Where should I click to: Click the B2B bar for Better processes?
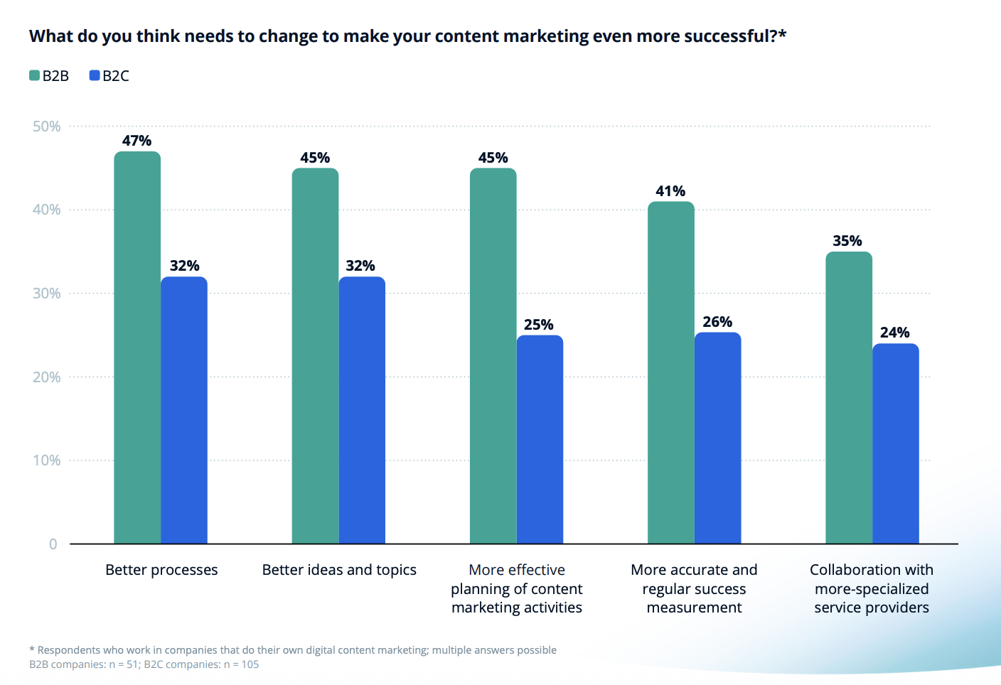point(137,347)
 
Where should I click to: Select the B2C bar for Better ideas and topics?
point(362,410)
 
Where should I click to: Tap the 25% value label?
point(538,325)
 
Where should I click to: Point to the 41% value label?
point(670,191)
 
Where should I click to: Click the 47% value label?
point(136,141)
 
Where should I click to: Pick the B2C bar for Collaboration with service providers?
point(895,443)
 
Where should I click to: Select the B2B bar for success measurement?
point(670,372)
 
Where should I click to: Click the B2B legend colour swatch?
point(34,75)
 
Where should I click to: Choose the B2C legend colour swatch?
point(95,75)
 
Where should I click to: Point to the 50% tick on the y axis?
point(46,126)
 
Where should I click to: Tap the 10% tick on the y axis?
point(46,460)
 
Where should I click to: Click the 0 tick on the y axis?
point(53,544)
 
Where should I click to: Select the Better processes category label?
point(161,570)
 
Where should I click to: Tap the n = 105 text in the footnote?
point(241,664)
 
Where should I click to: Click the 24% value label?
point(894,333)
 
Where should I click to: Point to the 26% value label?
point(717,322)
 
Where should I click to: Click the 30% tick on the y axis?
point(46,293)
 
